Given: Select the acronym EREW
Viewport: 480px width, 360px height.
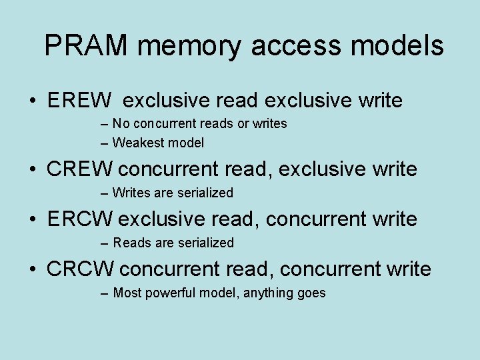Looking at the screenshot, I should point(80,101).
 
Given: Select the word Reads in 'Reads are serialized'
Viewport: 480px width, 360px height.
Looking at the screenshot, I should point(132,243).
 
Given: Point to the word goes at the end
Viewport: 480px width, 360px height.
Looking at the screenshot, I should point(311,293).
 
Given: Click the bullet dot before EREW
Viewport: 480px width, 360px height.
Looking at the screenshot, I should point(32,102).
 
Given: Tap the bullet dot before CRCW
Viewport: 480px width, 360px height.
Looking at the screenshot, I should point(32,270).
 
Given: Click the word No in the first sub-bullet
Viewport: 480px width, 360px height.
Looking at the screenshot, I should point(121,124).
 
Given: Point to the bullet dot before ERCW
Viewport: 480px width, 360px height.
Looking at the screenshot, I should point(32,220).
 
